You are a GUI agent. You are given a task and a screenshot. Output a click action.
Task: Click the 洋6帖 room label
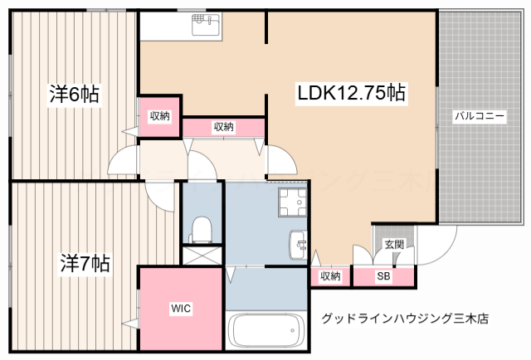[74, 95]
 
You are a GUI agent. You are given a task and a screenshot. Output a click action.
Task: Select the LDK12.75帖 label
[351, 93]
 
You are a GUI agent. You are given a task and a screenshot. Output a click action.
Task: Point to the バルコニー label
[479, 116]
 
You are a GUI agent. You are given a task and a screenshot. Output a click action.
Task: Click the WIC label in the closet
[181, 309]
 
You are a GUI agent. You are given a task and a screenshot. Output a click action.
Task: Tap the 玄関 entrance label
[394, 245]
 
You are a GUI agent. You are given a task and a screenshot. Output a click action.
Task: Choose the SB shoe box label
[384, 276]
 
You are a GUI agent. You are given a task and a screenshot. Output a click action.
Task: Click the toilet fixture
[201, 226]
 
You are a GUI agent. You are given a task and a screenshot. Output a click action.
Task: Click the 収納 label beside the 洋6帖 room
[159, 116]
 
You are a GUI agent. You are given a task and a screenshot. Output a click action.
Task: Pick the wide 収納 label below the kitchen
[223, 127]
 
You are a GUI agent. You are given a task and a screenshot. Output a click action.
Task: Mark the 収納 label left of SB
[330, 276]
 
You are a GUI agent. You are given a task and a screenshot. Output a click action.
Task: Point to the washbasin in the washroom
[298, 246]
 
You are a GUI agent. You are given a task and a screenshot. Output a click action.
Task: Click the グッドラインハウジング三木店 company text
[405, 318]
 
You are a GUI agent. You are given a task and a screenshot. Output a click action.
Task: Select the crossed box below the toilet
[202, 256]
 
